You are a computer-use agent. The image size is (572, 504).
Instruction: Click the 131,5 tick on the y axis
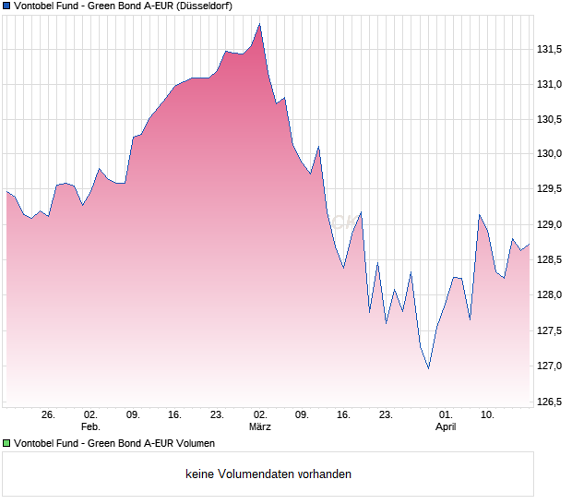(550, 49)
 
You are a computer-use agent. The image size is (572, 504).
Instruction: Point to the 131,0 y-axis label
(550, 84)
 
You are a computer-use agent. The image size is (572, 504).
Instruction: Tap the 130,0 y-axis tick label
(550, 154)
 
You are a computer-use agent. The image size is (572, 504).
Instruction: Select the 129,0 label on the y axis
(550, 224)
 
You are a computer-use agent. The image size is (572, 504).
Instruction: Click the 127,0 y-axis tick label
(550, 366)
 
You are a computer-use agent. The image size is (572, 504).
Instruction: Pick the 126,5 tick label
(550, 401)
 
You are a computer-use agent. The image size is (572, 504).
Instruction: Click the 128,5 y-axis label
(550, 260)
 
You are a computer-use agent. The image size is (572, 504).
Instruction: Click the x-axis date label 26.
(49, 415)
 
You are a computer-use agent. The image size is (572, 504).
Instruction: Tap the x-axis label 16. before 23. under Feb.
(175, 415)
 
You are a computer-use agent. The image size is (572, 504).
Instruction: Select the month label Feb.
(90, 427)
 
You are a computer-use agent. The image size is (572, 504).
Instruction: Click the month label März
(260, 427)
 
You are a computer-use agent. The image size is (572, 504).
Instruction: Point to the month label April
(446, 427)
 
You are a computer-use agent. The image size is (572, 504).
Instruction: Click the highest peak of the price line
(260, 24)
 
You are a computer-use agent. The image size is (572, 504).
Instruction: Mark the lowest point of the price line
(429, 368)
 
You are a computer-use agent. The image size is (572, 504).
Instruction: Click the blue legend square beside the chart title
(7, 6)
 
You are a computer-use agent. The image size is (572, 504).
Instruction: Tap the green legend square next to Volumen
(7, 444)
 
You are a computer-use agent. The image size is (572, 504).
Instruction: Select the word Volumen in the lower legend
(193, 444)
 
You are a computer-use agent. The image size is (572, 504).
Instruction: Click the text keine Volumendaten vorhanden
(268, 474)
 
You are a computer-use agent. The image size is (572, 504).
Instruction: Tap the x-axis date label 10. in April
(488, 415)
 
